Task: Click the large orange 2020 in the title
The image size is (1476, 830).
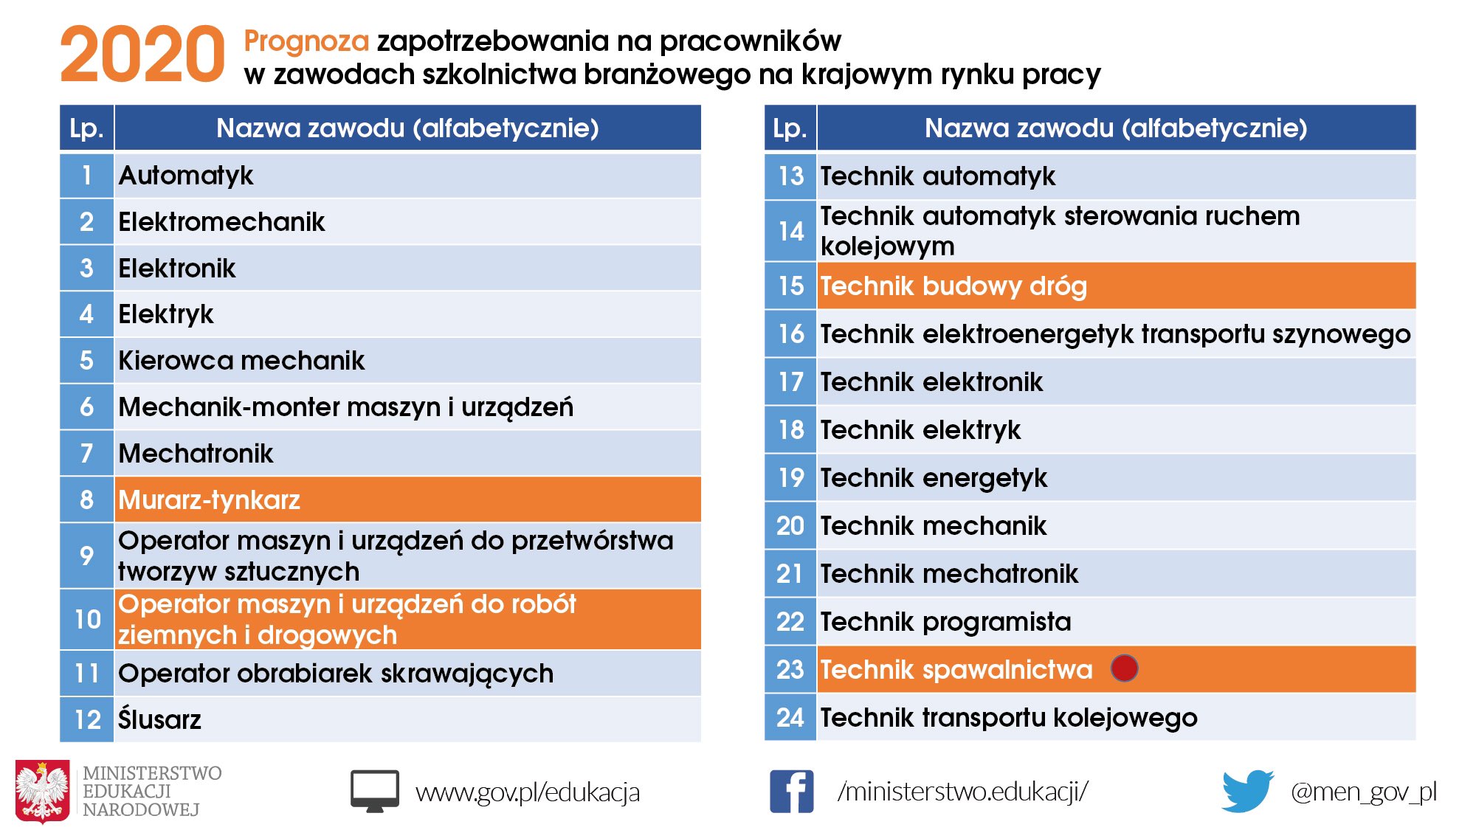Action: click(x=142, y=55)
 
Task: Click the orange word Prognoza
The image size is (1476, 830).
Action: click(x=306, y=41)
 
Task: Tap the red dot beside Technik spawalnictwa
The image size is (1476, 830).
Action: click(x=1124, y=668)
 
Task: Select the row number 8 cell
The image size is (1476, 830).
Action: click(x=87, y=499)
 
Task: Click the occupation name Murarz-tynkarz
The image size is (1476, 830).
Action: click(x=210, y=500)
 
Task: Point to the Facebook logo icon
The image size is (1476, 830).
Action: click(x=791, y=791)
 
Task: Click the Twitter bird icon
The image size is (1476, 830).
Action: click(x=1247, y=791)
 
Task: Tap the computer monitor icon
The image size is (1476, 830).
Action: click(x=375, y=791)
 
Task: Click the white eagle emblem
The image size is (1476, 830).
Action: click(x=43, y=791)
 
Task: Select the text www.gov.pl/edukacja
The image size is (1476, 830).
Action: click(x=527, y=792)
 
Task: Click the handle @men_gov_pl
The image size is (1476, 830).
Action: click(x=1364, y=792)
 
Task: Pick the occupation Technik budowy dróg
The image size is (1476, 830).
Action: click(x=953, y=286)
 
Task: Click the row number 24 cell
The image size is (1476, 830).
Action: click(x=790, y=717)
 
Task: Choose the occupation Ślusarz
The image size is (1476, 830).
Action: click(x=160, y=719)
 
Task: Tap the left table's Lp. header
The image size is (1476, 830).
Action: click(x=87, y=128)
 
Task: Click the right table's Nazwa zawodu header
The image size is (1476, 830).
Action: click(x=1116, y=128)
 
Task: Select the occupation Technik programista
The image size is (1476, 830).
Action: click(x=945, y=622)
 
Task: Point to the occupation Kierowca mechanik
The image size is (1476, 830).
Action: click(x=241, y=361)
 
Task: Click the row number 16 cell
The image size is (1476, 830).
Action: click(x=790, y=334)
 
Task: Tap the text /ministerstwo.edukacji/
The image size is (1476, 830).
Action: click(x=962, y=792)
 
